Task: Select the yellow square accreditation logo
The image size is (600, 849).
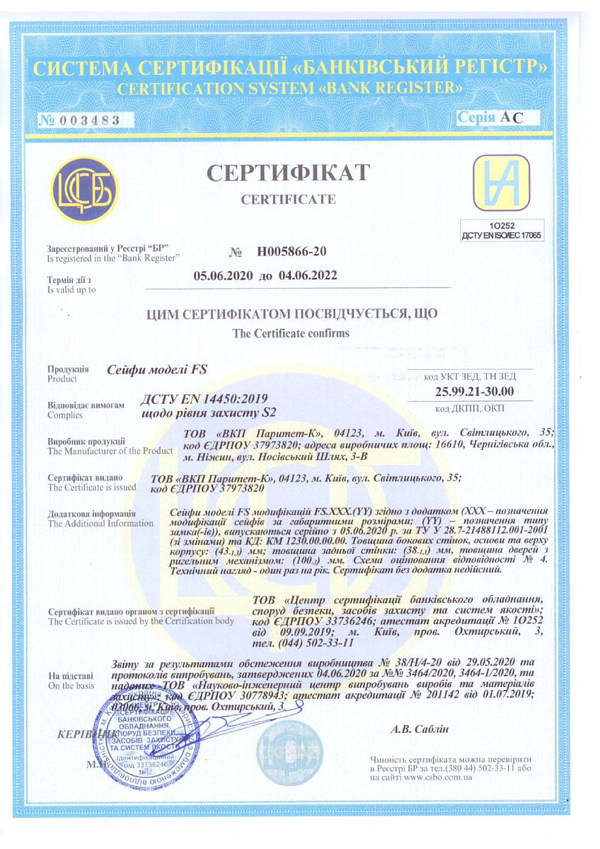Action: click(x=502, y=185)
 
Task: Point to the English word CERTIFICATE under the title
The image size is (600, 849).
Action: click(x=289, y=200)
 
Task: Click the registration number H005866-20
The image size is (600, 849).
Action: click(x=292, y=251)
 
